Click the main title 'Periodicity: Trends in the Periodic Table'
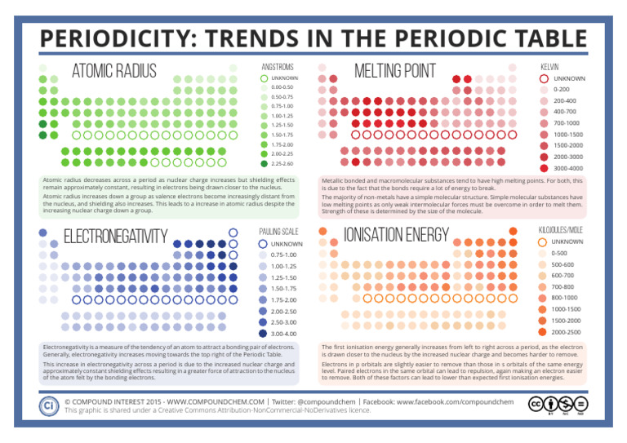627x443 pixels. pyautogui.click(x=313, y=38)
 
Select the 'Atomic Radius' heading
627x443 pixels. pyautogui.click(x=113, y=72)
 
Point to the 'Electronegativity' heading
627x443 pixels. pyautogui.click(x=115, y=237)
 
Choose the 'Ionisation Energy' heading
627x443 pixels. pyautogui.click(x=397, y=236)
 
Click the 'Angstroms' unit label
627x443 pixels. pyautogui.click(x=276, y=66)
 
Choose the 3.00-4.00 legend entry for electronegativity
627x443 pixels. pyautogui.click(x=283, y=334)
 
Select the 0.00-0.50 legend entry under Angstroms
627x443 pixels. pyautogui.click(x=281, y=87)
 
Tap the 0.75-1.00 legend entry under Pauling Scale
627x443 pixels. pyautogui.click(x=283, y=255)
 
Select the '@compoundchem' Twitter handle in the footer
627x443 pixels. pyautogui.click(x=325, y=402)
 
